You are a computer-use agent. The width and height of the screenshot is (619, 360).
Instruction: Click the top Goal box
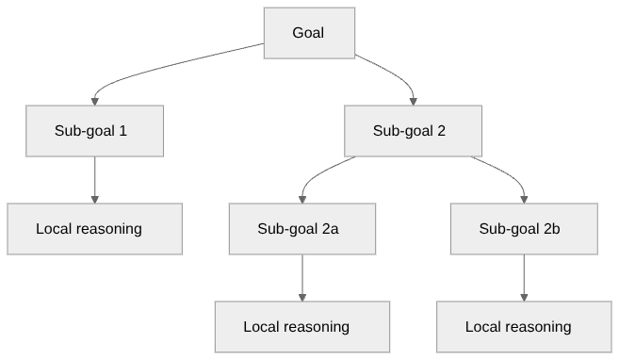tap(308, 33)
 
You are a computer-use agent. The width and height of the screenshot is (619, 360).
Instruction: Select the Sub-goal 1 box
tap(94, 131)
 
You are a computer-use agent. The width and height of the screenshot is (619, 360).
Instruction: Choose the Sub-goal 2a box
tap(301, 229)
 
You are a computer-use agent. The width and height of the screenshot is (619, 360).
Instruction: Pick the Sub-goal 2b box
tap(524, 229)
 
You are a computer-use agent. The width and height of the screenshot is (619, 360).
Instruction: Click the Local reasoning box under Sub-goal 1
tap(94, 229)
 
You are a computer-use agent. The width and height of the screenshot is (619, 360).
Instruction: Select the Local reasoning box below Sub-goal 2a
tap(301, 327)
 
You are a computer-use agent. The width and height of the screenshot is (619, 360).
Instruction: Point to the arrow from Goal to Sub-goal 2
tap(391, 73)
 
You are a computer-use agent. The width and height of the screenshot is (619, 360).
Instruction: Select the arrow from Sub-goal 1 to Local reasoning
tap(94, 179)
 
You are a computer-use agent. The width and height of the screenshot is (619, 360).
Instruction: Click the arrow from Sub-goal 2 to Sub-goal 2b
tap(504, 173)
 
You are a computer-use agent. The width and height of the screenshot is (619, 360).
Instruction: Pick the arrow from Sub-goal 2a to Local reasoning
tap(301, 277)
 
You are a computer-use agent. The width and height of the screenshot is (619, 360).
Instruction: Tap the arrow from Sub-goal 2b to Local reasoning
tap(524, 277)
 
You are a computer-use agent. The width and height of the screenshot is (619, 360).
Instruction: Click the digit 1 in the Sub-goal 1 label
tap(123, 131)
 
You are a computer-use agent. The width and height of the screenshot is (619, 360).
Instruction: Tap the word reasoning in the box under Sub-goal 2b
tap(538, 327)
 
